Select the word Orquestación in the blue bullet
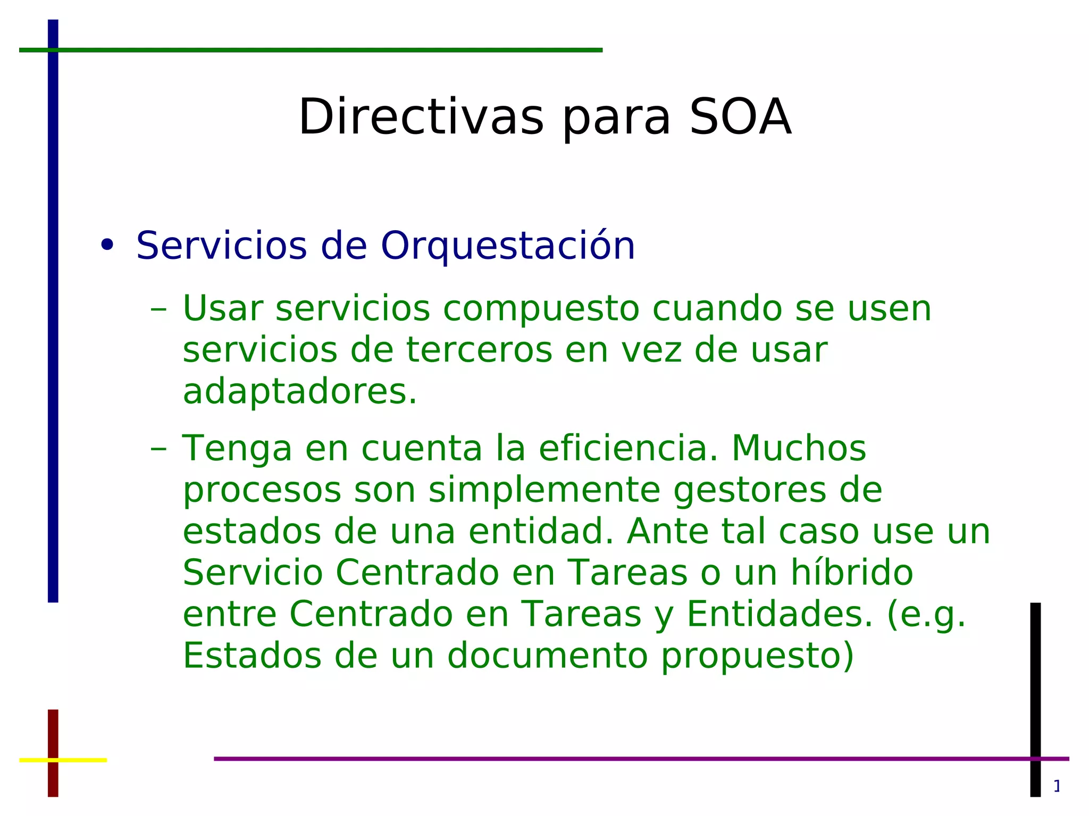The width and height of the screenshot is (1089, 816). pyautogui.click(x=507, y=246)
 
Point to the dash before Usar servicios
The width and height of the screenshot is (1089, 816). pyautogui.click(x=158, y=309)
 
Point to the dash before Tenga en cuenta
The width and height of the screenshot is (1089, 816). pyautogui.click(x=158, y=449)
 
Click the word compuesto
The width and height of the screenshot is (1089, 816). pyautogui.click(x=540, y=309)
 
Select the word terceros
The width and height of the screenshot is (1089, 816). pyautogui.click(x=479, y=351)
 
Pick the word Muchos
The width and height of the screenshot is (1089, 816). pyautogui.click(x=799, y=448)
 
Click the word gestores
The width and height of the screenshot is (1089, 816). pyautogui.click(x=749, y=491)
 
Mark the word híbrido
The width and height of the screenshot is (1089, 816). pyautogui.click(x=851, y=573)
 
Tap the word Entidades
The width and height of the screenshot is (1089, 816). pyautogui.click(x=780, y=614)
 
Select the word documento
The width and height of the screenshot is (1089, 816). pyautogui.click(x=547, y=655)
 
